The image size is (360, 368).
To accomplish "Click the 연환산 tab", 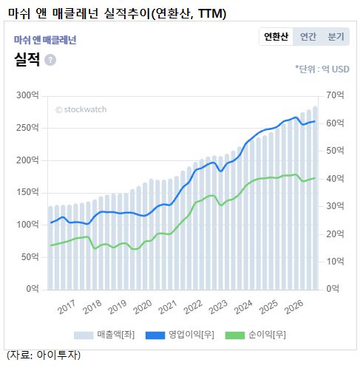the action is pyautogui.click(x=276, y=36).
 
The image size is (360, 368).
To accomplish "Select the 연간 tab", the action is pyautogui.click(x=308, y=36).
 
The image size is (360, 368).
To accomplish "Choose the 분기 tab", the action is pyautogui.click(x=336, y=36).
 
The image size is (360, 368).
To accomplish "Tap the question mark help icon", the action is pyautogui.click(x=50, y=60).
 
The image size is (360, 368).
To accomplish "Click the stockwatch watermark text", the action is pyautogui.click(x=81, y=109).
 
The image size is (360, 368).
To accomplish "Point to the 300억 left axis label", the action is pyautogui.click(x=27, y=95).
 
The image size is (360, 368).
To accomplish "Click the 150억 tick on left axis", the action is pyautogui.click(x=27, y=192).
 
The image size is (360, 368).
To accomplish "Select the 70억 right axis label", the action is pyautogui.click(x=335, y=95).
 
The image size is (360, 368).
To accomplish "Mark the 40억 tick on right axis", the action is pyautogui.click(x=335, y=179).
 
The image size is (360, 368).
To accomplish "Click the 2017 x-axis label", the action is pyautogui.click(x=67, y=307).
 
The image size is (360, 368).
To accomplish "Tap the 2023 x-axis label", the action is pyautogui.click(x=218, y=307).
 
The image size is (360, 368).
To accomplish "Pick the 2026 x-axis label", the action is pyautogui.click(x=293, y=307).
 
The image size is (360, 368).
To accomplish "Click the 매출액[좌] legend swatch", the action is pyautogui.click(x=84, y=335).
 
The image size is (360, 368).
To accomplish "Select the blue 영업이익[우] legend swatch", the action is pyautogui.click(x=155, y=335).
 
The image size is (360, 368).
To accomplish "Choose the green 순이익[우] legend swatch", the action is pyautogui.click(x=235, y=335).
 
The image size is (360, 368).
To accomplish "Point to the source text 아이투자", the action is pyautogui.click(x=58, y=355).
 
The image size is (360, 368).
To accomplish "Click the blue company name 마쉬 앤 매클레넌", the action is pyautogui.click(x=45, y=40).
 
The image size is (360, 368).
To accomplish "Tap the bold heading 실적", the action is pyautogui.click(x=27, y=59).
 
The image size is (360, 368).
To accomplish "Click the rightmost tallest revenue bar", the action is pyautogui.click(x=315, y=198).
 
